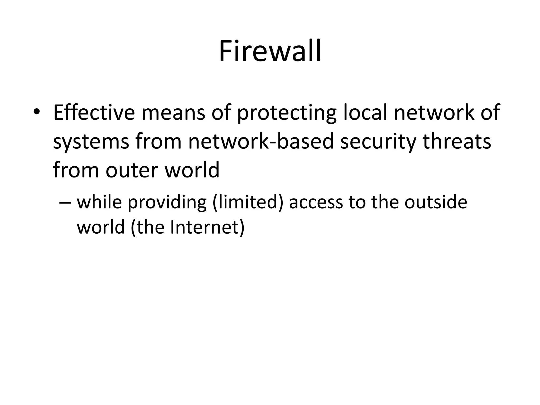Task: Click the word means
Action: point(173,113)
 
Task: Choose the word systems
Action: point(91,142)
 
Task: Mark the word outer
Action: point(132,170)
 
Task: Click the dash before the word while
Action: point(65,202)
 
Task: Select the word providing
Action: point(167,202)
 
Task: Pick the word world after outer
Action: point(192,170)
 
